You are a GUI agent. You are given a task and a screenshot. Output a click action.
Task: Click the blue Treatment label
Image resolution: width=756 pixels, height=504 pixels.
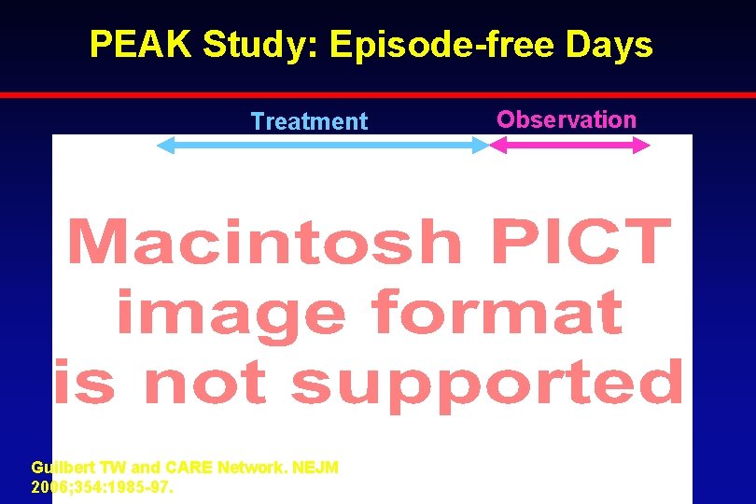[309, 121]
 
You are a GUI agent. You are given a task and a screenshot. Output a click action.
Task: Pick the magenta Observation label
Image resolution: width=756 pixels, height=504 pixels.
[566, 119]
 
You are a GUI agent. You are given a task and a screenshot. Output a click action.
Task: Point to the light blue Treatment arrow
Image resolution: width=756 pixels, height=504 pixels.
[322, 145]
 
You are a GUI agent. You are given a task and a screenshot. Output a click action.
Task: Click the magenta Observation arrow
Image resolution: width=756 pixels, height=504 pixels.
[568, 145]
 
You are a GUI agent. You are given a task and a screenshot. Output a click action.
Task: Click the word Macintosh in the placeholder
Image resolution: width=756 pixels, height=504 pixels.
[264, 242]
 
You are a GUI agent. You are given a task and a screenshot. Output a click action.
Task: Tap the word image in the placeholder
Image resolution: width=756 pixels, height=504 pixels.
[229, 314]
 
